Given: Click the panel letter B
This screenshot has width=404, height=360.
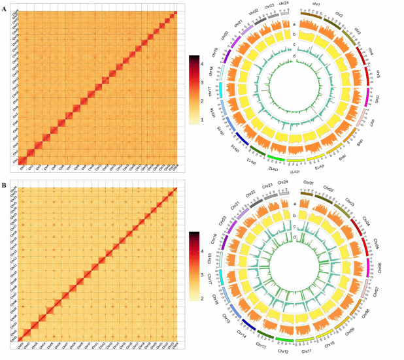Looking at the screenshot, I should tap(4, 185).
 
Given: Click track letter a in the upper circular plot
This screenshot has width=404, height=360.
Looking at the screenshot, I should tap(295, 24).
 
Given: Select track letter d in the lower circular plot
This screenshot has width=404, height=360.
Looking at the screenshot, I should tap(295, 236).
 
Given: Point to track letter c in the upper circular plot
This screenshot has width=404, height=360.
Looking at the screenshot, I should tap(295, 44).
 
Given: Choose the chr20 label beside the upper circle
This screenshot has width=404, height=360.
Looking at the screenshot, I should tap(227, 35).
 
